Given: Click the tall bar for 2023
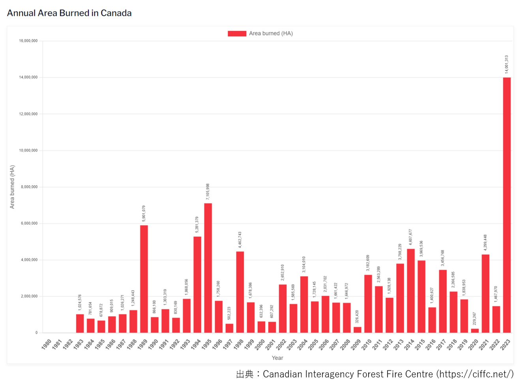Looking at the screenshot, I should pos(506,205).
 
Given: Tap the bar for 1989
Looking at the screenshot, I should pos(144,279).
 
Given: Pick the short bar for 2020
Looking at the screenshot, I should pos(474,331).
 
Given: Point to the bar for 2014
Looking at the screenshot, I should pos(410,291).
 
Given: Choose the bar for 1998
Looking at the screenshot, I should pos(240,292).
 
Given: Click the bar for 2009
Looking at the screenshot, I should pos(357,330).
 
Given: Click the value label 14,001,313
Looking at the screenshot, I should pos(506,64).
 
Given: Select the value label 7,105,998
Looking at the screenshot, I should pos(208,192).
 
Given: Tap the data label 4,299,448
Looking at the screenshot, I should pos(485,242).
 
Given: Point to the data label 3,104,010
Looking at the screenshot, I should pos(304,265).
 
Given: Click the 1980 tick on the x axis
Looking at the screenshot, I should pos(46,344).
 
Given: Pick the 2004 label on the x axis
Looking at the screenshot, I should pos(302,344).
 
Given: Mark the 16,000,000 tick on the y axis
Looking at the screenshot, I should pos(28,41).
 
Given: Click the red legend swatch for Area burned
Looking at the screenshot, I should pos(237,34).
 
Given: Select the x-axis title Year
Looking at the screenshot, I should pos(277,358).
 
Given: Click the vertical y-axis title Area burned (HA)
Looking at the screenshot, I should pos(12,187).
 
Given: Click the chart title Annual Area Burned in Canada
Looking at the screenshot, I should pos(69,13).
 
